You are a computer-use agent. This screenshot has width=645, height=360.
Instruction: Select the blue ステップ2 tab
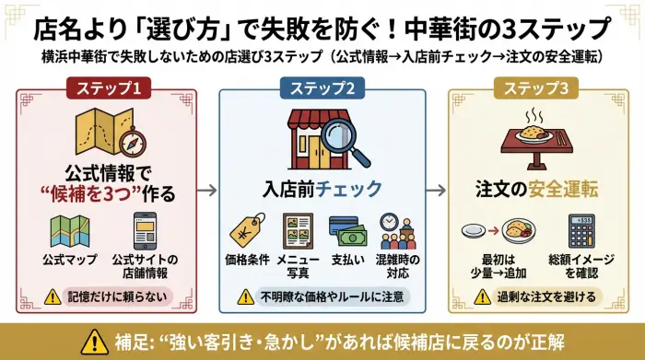tap(322, 88)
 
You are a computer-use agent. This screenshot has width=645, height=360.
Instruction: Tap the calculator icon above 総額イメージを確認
tap(581, 230)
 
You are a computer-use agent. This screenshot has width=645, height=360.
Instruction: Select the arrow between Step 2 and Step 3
tap(433, 192)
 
